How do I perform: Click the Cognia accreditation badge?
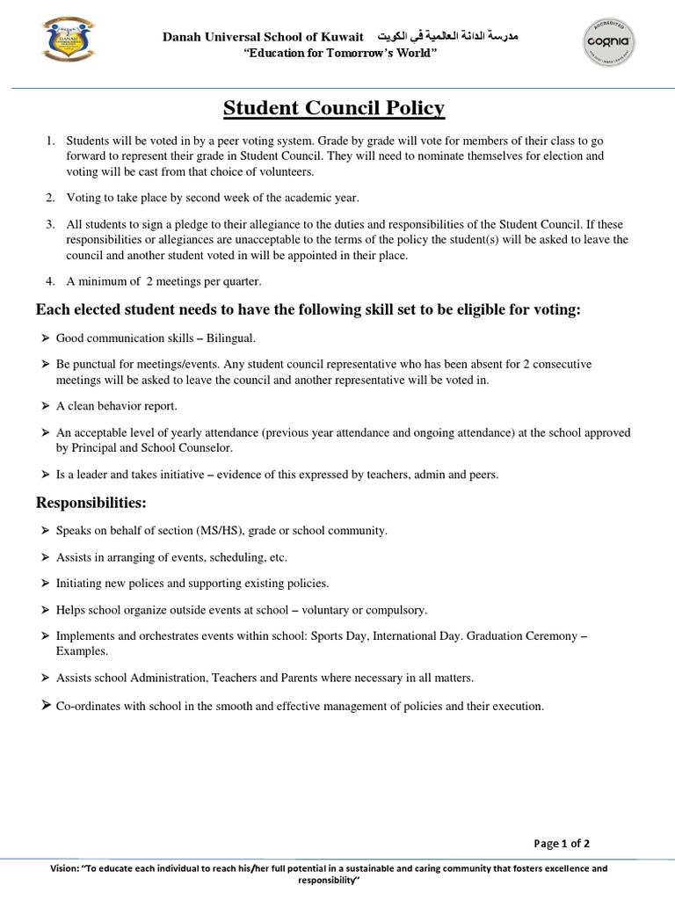coord(610,42)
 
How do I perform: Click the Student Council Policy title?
coord(334,108)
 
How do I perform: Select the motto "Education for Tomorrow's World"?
coord(332,54)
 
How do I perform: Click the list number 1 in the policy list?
coord(51,141)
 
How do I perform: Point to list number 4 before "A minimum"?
coord(51,281)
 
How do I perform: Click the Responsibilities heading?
coord(91,503)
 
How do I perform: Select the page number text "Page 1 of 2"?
coord(562,844)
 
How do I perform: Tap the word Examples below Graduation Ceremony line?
coord(82,651)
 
